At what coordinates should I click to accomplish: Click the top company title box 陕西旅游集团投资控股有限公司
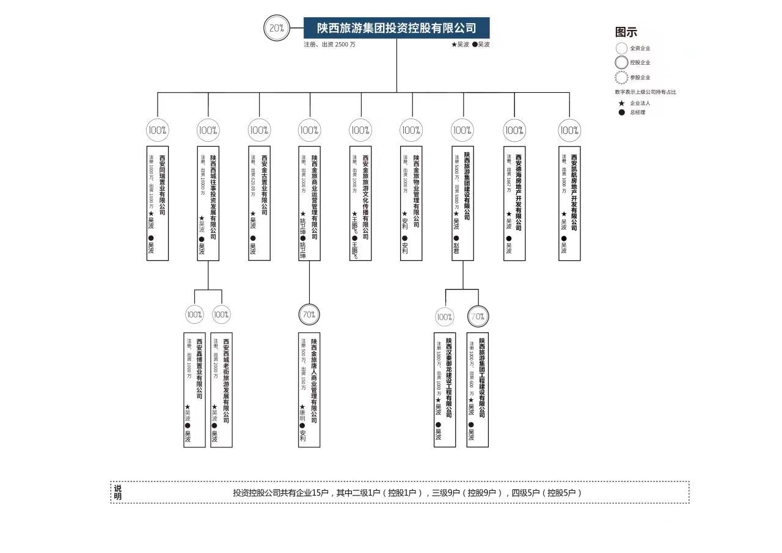tap(396, 28)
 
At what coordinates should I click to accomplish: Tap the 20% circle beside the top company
tap(276, 28)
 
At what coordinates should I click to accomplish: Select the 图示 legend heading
tap(626, 32)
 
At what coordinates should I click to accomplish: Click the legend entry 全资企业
tap(640, 48)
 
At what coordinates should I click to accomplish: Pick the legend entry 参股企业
tap(640, 78)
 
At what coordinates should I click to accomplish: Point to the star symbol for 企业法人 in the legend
tap(621, 103)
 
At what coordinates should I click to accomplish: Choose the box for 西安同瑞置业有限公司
tap(158, 203)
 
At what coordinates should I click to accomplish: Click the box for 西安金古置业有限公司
tap(259, 203)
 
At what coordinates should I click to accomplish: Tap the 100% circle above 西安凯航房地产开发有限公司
tap(569, 130)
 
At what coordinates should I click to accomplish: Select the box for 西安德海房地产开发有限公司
tap(514, 203)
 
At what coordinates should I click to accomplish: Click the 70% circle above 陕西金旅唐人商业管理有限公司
tap(309, 315)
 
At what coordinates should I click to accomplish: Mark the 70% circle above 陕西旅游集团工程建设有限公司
tap(478, 317)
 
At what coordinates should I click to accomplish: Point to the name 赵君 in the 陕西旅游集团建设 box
tap(456, 247)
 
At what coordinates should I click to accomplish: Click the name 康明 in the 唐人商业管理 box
tap(302, 414)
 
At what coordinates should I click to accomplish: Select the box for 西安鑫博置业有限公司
tap(194, 389)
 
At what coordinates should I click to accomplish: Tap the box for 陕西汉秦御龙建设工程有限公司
tap(445, 389)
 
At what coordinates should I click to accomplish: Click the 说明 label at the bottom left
tap(117, 492)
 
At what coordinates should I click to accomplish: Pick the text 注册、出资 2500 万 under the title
tap(329, 45)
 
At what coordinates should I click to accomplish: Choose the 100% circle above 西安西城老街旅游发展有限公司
tap(221, 315)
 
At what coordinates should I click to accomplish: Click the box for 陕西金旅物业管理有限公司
tap(411, 203)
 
